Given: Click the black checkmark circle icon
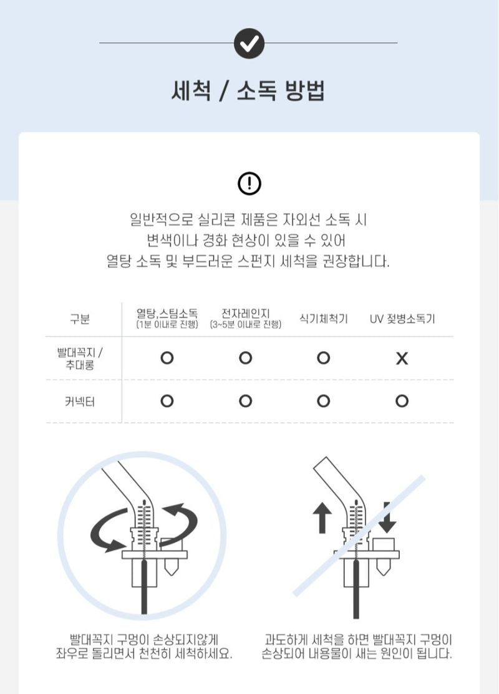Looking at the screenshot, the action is coord(249,43).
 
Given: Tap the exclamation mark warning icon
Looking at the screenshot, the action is coord(249,183).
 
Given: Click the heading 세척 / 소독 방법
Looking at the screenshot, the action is coord(248,91).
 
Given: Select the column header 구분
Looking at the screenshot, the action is coord(80,319).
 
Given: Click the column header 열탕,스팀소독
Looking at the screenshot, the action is coord(167,314).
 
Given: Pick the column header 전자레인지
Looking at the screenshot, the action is coord(245,314).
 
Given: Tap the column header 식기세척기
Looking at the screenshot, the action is coord(324,319).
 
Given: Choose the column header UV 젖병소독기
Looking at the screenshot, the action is coord(402,319).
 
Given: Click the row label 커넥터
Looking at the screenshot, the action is coord(80,402).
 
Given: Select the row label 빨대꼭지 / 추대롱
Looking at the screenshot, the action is coord(80,359).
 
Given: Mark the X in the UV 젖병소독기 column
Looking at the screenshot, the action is coord(402,358).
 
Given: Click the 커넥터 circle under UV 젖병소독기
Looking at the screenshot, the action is coord(402,401).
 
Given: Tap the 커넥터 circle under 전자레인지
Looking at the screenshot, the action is coord(245,401).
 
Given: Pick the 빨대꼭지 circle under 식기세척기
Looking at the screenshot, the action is coord(324,358).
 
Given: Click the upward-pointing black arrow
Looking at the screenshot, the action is coord(322,518).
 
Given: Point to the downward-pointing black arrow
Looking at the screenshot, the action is coord(387,517).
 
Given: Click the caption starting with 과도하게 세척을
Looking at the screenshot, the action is coord(356,646).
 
